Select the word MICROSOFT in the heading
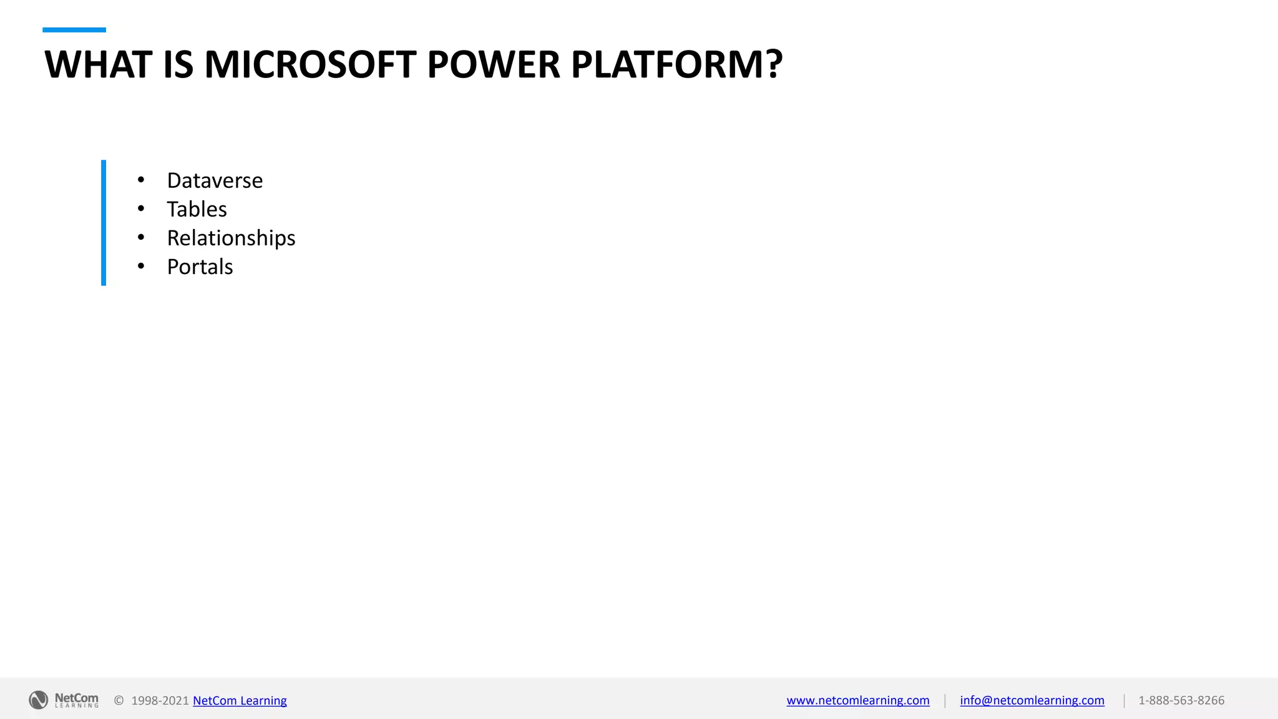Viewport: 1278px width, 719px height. tap(310, 64)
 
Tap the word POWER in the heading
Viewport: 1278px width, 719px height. tap(493, 64)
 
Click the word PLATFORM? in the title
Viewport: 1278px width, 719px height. tap(676, 64)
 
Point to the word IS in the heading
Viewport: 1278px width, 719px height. tap(178, 64)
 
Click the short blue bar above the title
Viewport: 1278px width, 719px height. tap(74, 30)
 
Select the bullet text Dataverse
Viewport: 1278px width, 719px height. tap(215, 180)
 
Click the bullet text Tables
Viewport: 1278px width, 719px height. tap(197, 209)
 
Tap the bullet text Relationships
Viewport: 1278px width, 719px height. tap(231, 238)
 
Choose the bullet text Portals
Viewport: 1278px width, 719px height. tap(200, 267)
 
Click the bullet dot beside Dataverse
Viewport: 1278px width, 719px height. tap(141, 180)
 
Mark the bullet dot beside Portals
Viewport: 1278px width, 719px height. tap(141, 267)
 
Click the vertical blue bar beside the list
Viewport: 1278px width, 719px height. tap(104, 223)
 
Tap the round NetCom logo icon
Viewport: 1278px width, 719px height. tap(38, 700)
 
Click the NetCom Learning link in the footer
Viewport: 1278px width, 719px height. tap(240, 700)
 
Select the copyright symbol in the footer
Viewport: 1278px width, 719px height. tap(119, 700)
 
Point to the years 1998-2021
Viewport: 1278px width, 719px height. tap(160, 700)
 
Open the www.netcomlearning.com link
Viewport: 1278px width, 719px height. tap(857, 700)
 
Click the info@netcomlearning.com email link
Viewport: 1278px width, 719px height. tap(1032, 700)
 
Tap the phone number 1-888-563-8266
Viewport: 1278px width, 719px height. tap(1181, 700)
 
